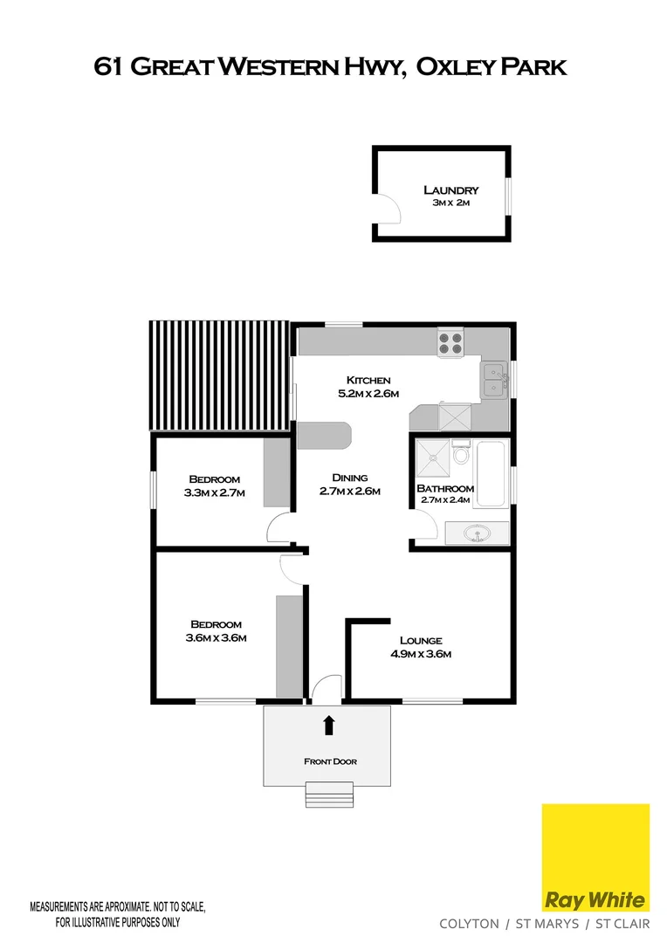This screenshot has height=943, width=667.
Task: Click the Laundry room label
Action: point(450,189)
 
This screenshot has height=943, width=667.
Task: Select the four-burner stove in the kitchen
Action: point(450,342)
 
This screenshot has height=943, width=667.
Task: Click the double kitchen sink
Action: point(495,380)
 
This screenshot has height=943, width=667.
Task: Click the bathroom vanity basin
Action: point(477,532)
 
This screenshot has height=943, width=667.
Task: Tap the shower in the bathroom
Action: point(431,455)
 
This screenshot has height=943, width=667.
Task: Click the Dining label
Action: point(349,478)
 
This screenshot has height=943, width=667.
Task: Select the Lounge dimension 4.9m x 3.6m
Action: point(420,653)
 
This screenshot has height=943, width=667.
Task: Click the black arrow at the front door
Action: point(329,724)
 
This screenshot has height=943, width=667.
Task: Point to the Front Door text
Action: point(330,761)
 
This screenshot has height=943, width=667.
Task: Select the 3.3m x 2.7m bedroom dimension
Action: point(215,492)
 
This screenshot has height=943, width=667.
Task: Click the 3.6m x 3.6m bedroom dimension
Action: point(216,637)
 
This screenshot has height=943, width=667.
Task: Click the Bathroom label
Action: point(445,488)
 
